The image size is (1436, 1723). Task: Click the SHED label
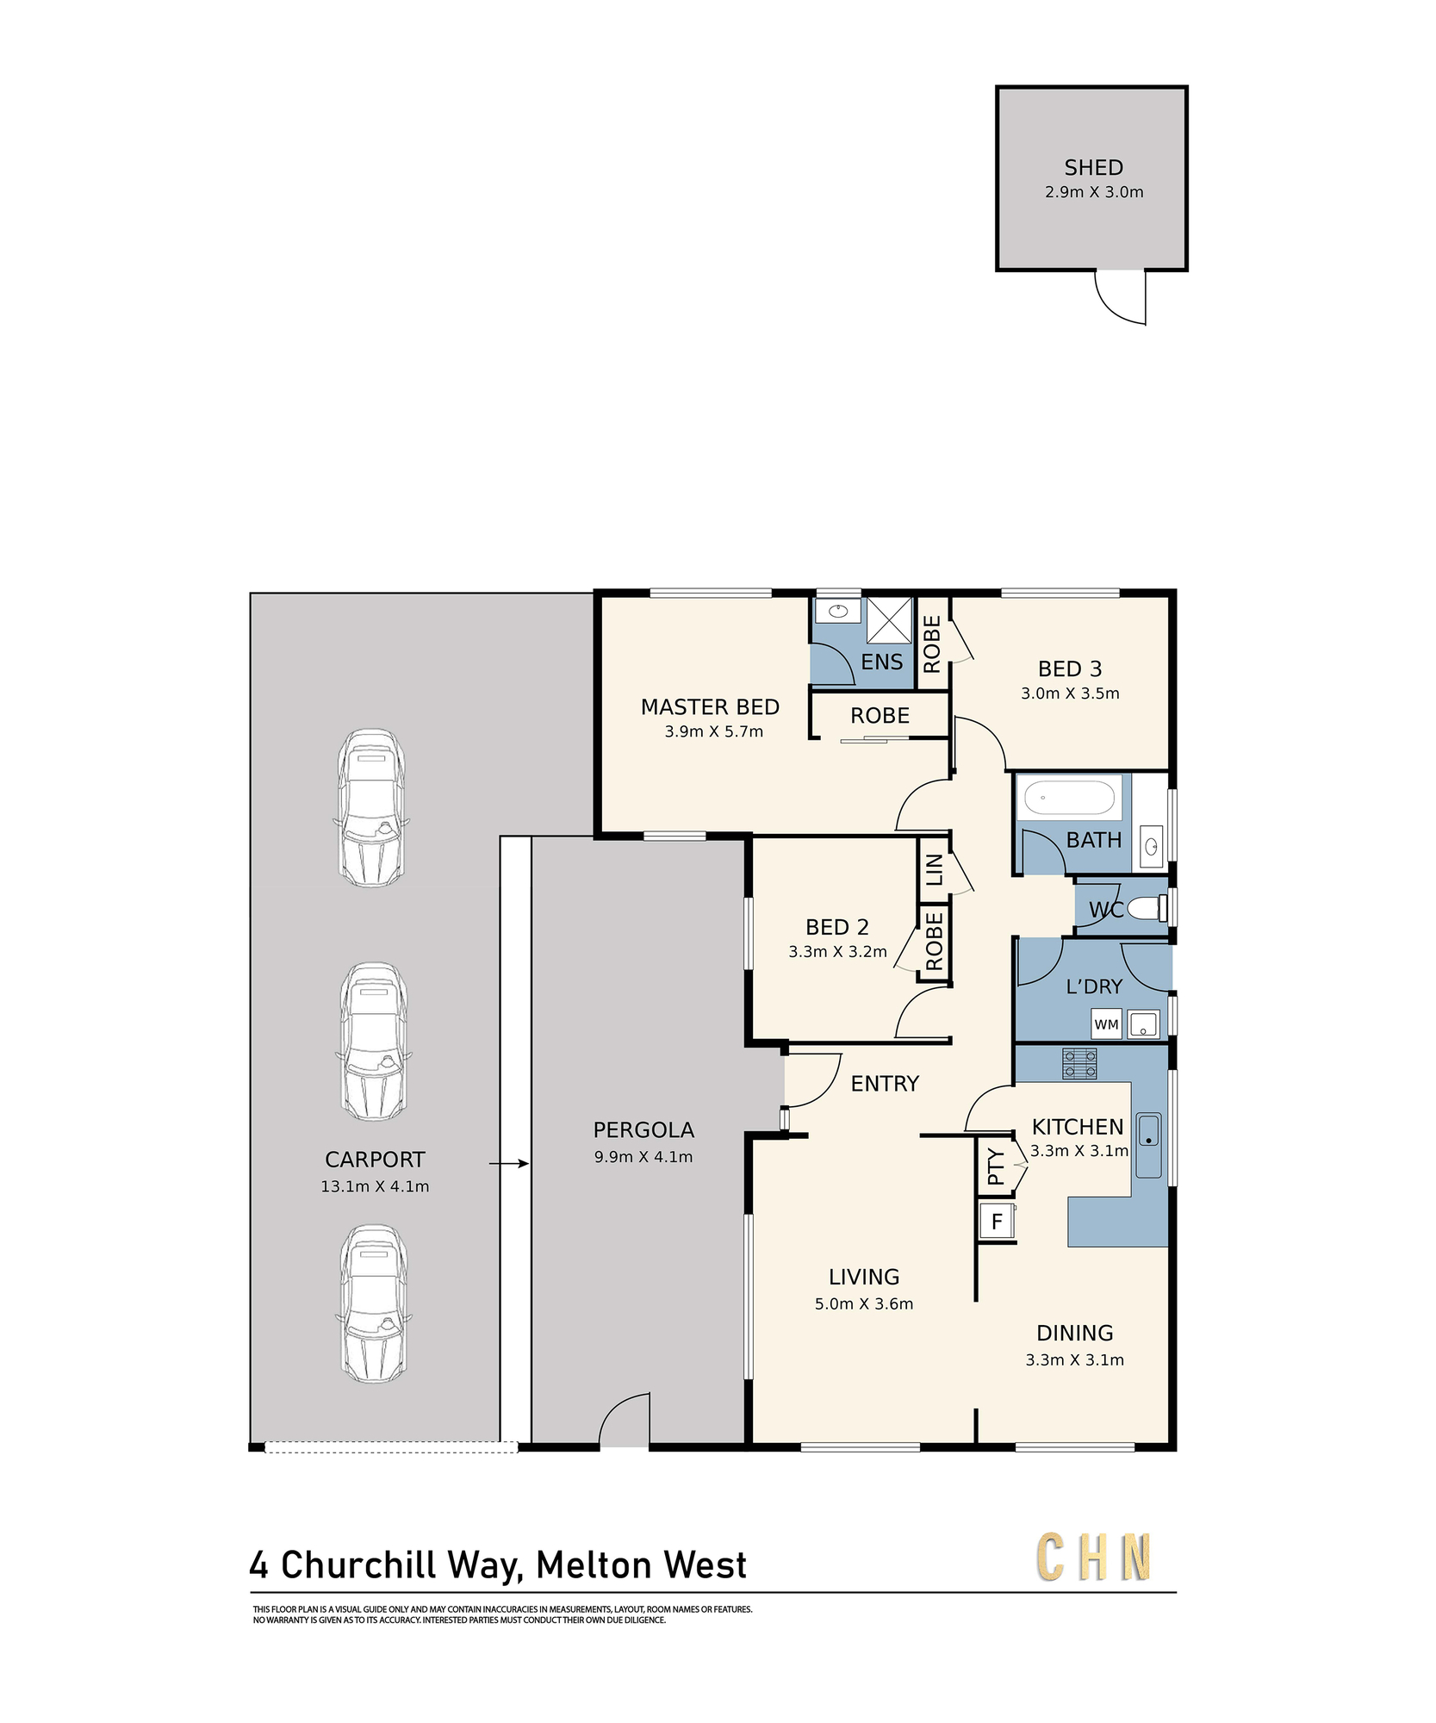pyautogui.click(x=1093, y=167)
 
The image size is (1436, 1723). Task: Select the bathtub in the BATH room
pyautogui.click(x=1070, y=798)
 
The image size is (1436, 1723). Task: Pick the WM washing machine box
pyautogui.click(x=1106, y=1024)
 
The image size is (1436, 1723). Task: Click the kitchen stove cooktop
pyautogui.click(x=1079, y=1063)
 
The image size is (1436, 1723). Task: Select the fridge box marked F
pyautogui.click(x=997, y=1221)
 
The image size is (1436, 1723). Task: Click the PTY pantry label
pyautogui.click(x=996, y=1166)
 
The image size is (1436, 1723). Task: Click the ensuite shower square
pyautogui.click(x=889, y=620)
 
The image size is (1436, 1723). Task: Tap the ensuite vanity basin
pyautogui.click(x=837, y=612)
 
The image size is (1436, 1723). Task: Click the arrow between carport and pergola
pyautogui.click(x=509, y=1164)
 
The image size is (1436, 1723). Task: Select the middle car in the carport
pyautogui.click(x=373, y=1042)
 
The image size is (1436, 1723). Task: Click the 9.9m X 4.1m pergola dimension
pyautogui.click(x=643, y=1157)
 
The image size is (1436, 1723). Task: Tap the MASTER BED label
pyautogui.click(x=710, y=707)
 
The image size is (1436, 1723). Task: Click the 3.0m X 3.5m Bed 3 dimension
pyautogui.click(x=1070, y=694)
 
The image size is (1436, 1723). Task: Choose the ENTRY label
pyautogui.click(x=885, y=1084)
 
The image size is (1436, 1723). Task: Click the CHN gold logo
pyautogui.click(x=1094, y=1557)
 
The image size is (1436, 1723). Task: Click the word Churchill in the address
pyautogui.click(x=359, y=1565)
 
